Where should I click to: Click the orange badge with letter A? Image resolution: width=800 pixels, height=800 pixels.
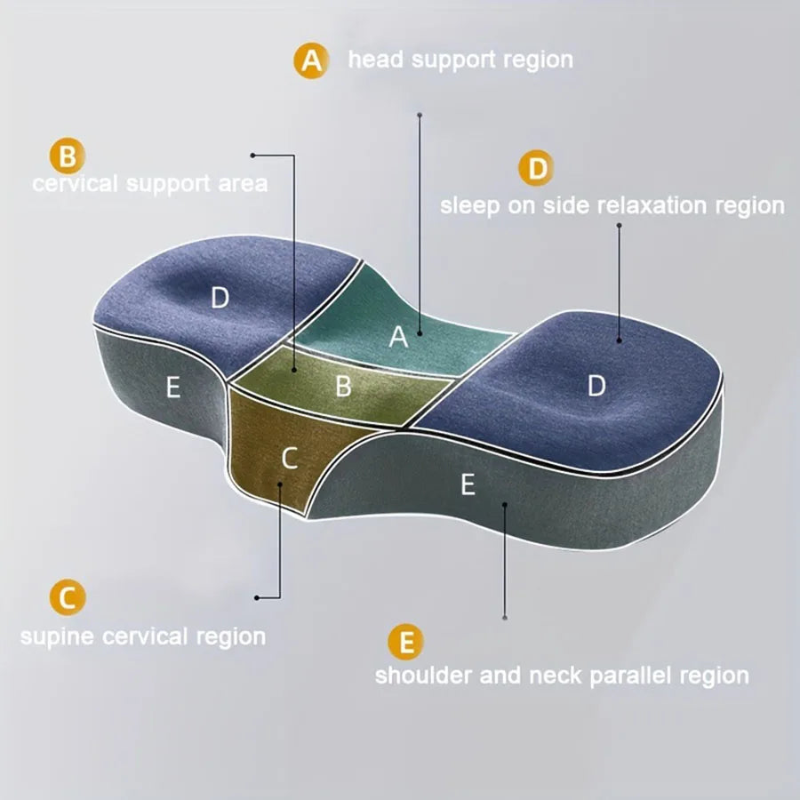click(310, 60)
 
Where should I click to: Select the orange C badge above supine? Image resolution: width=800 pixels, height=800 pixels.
click(68, 597)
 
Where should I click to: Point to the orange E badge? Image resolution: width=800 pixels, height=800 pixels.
click(406, 642)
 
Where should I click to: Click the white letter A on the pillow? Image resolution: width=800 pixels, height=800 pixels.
click(398, 337)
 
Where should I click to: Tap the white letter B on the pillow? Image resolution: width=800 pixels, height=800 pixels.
click(343, 387)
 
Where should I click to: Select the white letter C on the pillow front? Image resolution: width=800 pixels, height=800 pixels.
click(289, 458)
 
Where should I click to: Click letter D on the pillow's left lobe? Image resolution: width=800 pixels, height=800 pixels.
click(220, 298)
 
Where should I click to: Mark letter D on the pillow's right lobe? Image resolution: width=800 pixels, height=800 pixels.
click(596, 385)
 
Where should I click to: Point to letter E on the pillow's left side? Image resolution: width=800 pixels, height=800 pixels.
click(173, 388)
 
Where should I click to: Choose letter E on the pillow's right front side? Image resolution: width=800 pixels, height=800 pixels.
click(468, 484)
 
